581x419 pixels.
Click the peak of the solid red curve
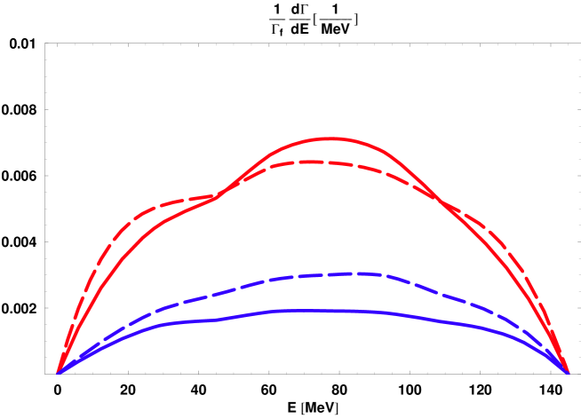tap(330, 139)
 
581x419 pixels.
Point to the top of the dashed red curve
tap(306, 162)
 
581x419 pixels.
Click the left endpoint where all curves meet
tap(59, 372)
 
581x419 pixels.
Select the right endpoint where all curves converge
tap(569, 372)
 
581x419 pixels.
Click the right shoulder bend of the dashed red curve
tap(484, 222)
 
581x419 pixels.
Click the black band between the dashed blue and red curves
tap(311, 222)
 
